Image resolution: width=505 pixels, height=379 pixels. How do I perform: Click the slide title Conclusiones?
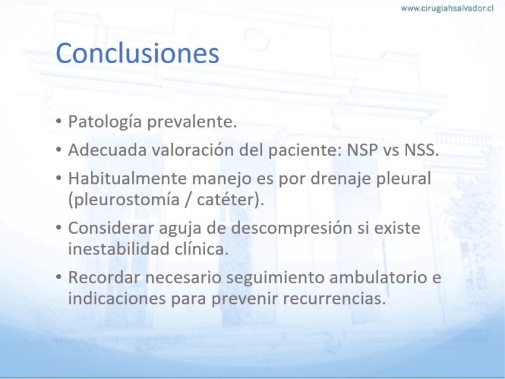(x=138, y=53)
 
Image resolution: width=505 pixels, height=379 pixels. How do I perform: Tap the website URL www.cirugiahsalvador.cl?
(x=447, y=8)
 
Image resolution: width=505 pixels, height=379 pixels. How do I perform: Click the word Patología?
(x=105, y=122)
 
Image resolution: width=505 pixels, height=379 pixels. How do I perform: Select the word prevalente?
(x=192, y=122)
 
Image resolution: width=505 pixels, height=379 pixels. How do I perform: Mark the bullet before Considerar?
(x=58, y=227)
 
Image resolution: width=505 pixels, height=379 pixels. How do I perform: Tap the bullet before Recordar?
(x=58, y=277)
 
